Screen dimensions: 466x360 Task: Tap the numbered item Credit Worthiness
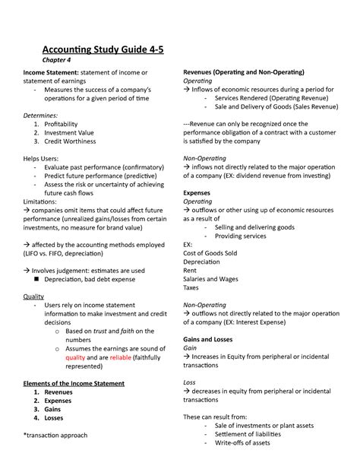pyautogui.click(x=81, y=141)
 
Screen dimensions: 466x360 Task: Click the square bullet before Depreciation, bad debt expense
pyautogui.click(x=47, y=280)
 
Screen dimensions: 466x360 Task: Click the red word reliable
pyautogui.click(x=120, y=357)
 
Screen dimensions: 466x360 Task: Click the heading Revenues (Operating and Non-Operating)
pyautogui.click(x=243, y=71)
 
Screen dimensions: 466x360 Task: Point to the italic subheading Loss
pyautogui.click(x=190, y=382)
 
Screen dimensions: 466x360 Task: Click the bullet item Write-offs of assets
pyautogui.click(x=242, y=443)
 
